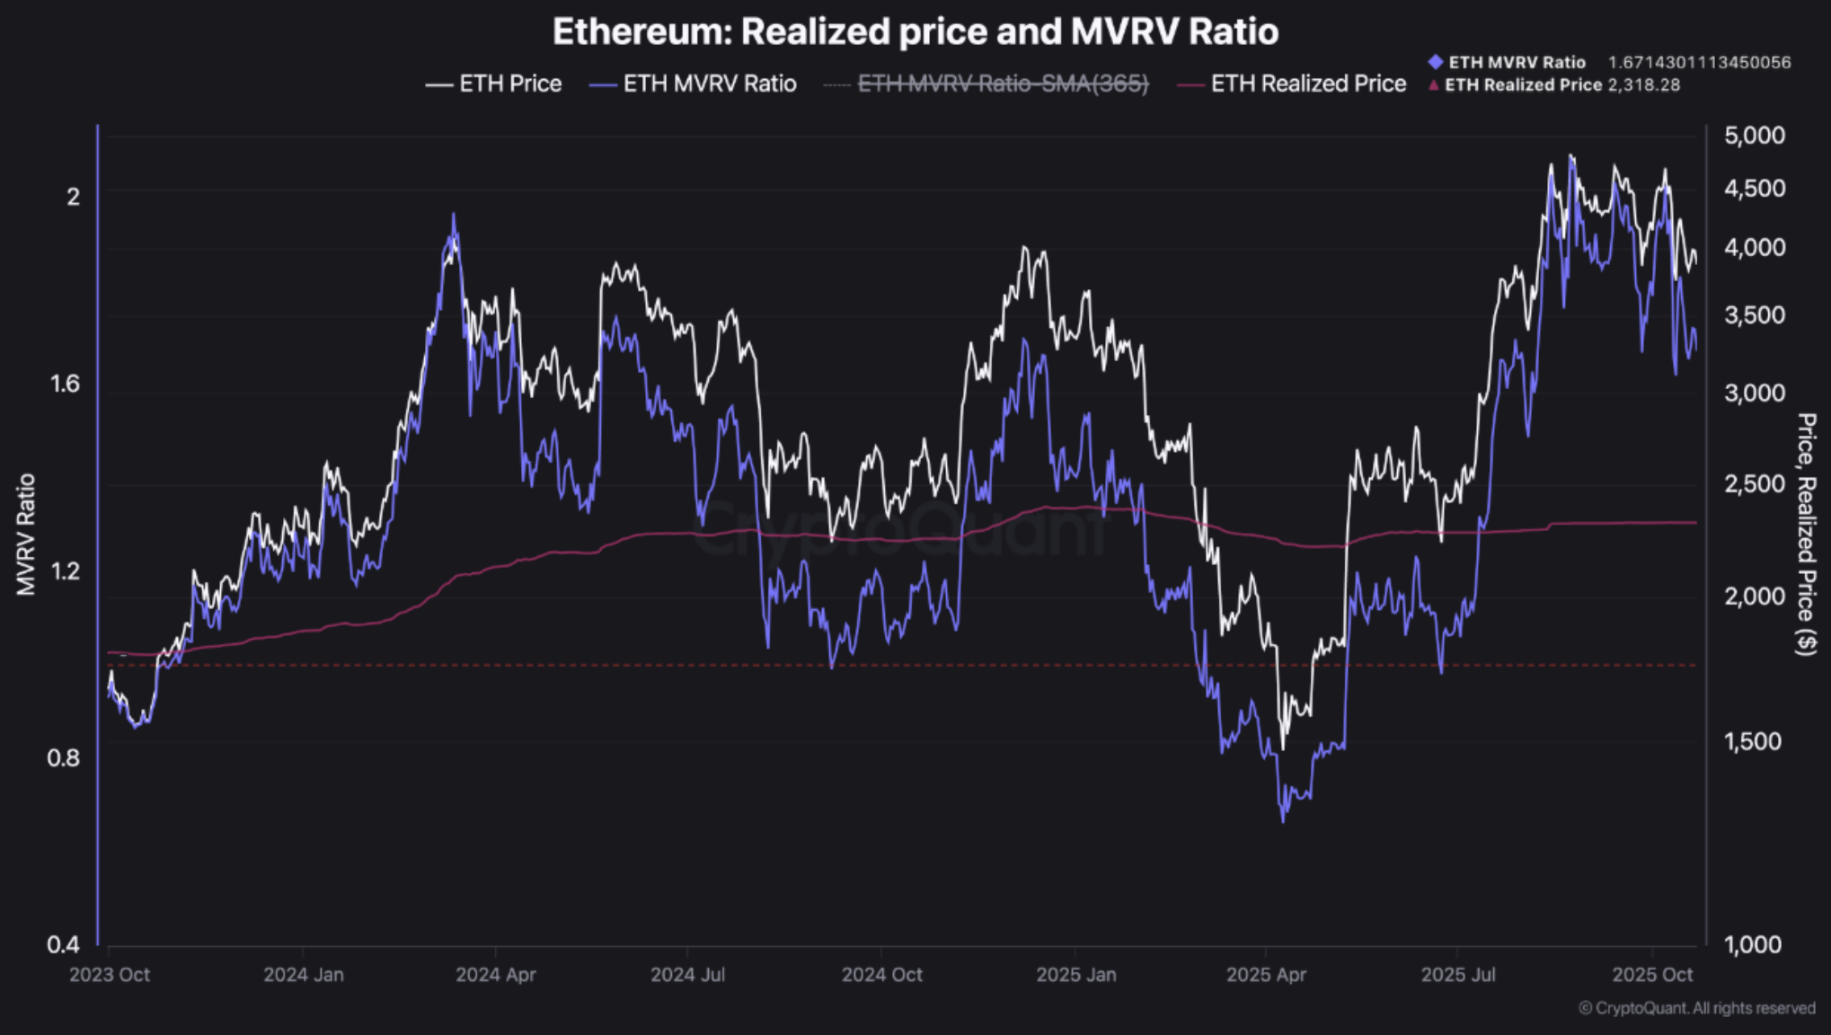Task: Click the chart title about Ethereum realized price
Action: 915,31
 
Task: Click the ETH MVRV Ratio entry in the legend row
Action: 693,84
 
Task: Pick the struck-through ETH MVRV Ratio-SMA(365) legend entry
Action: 986,84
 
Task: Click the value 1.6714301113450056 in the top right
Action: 1699,62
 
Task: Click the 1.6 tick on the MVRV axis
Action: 64,384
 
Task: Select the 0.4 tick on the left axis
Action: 64,944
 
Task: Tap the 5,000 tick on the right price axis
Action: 1754,136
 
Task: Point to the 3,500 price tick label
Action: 1754,315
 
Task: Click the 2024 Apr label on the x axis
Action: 495,975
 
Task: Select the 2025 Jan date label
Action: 1075,975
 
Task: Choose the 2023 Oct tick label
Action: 110,975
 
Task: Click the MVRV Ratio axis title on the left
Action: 26,534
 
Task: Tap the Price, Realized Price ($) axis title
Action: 1806,534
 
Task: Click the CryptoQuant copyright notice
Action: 1696,1008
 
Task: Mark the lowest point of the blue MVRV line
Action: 1282,819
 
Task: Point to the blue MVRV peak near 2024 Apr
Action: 454,216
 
